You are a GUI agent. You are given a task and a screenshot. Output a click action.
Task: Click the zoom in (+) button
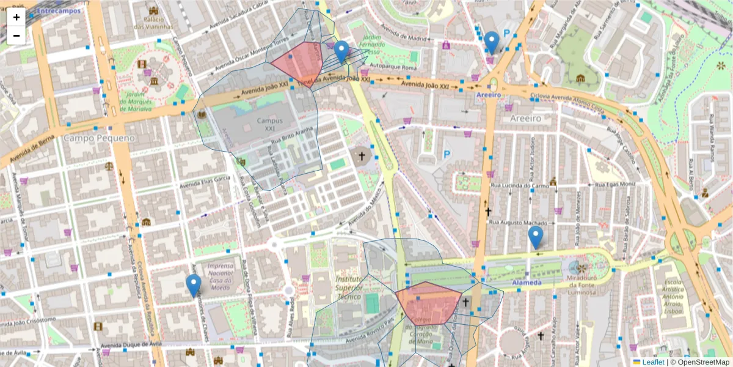pyautogui.click(x=16, y=17)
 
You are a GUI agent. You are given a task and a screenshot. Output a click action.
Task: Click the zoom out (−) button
pyautogui.click(x=16, y=35)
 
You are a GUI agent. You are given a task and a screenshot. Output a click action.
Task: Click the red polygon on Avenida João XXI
pyautogui.click(x=299, y=65)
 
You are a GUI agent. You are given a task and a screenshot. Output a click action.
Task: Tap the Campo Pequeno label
pyautogui.click(x=90, y=138)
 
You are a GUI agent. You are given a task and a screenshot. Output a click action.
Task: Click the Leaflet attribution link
pyautogui.click(x=652, y=362)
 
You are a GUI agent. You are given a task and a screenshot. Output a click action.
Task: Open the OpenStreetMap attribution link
pyautogui.click(x=702, y=362)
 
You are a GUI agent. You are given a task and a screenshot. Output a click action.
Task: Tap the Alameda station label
pyautogui.click(x=527, y=283)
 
